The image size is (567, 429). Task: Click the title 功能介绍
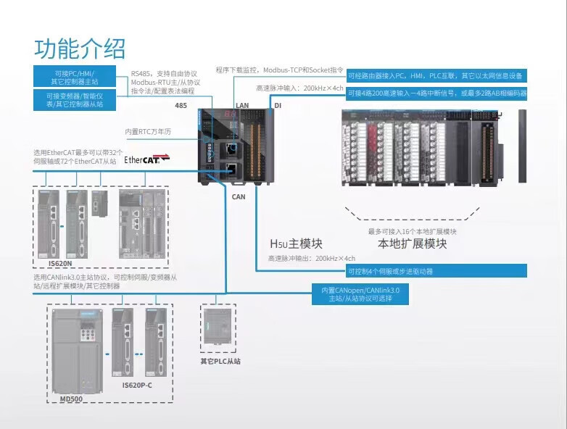coord(80,48)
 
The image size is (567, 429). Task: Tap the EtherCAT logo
coord(147,159)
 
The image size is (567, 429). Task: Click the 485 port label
coord(181,106)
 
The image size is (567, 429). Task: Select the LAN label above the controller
coord(242,106)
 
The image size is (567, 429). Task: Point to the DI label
coord(277,106)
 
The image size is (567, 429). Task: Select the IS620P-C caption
coord(137,385)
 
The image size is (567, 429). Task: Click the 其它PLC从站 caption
coord(220,361)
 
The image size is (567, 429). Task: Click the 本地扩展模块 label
coord(413,243)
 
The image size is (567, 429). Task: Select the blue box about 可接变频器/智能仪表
coord(74,100)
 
